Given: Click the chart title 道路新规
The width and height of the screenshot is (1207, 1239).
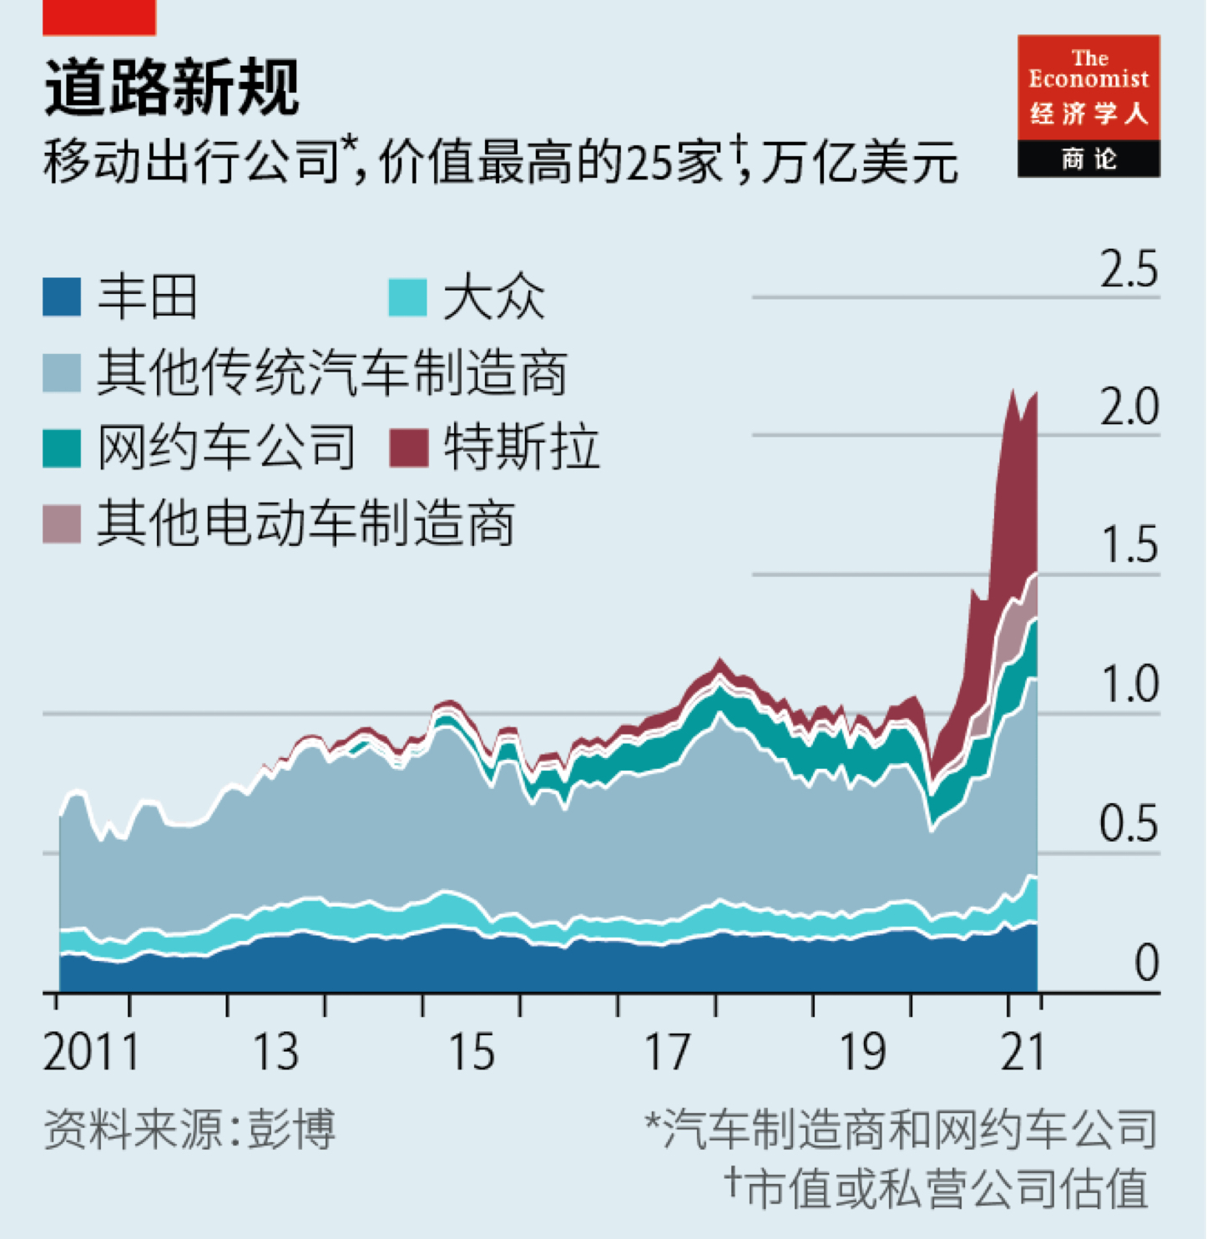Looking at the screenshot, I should tap(171, 87).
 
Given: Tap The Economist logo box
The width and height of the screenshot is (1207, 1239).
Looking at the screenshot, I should tap(1088, 105).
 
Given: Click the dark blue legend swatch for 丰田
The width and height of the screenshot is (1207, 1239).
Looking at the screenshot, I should tap(62, 297).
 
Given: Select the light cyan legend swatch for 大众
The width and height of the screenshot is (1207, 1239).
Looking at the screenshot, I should tap(408, 297).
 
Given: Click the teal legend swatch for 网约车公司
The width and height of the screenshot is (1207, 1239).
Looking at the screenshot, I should tap(62, 448).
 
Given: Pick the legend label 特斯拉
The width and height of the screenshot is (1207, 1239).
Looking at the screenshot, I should tap(522, 448).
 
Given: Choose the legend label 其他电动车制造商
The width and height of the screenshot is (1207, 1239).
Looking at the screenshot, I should tap(306, 523).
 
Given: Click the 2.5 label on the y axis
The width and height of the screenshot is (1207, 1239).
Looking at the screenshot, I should tap(1129, 270).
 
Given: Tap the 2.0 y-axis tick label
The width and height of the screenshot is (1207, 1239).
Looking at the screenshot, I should tap(1129, 407).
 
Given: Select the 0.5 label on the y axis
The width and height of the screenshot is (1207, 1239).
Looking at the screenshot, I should tap(1129, 824).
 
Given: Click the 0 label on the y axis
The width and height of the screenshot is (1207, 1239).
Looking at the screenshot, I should tap(1147, 963).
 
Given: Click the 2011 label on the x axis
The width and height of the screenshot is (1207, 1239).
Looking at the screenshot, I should tap(91, 1052).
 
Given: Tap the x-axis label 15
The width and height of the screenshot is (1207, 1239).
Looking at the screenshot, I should tap(472, 1052).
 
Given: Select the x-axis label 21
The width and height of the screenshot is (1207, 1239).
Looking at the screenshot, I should tap(1023, 1052).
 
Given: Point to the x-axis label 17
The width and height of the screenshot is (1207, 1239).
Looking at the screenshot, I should tap(667, 1052).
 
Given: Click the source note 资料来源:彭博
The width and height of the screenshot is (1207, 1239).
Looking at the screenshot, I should tap(189, 1129).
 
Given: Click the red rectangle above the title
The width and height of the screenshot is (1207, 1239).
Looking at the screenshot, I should tap(99, 17).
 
